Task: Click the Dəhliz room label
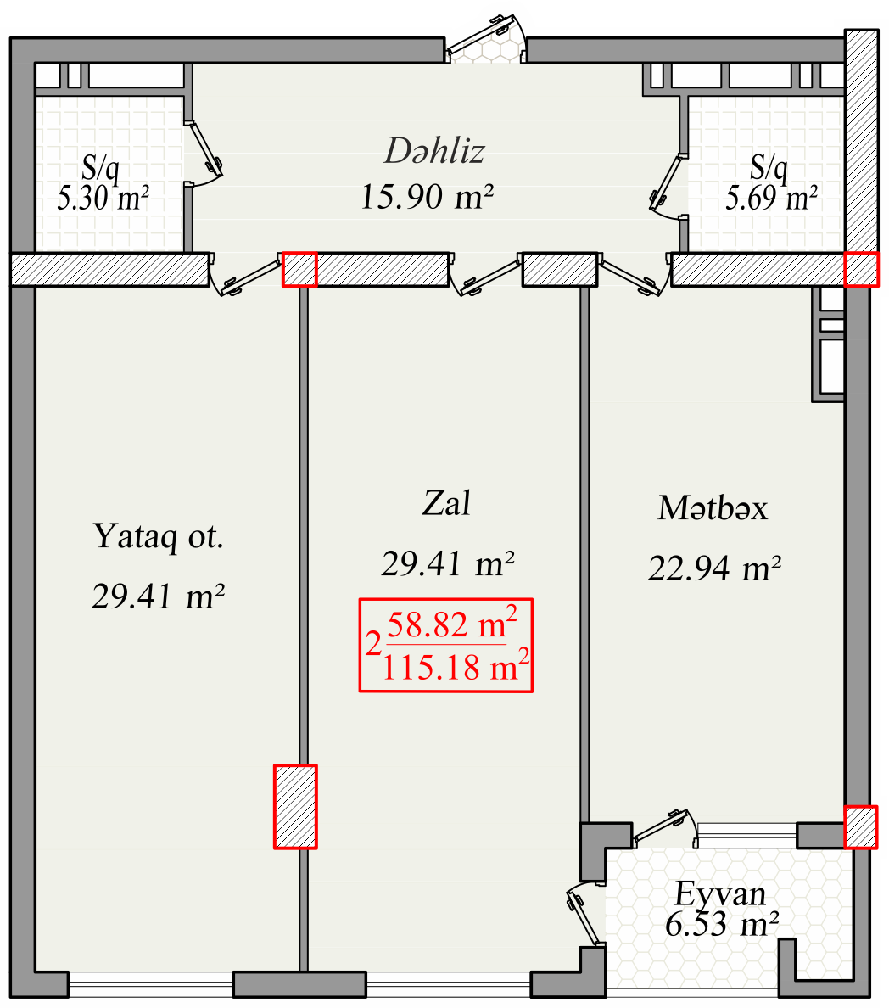[x=433, y=151]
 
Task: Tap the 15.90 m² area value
[x=427, y=196]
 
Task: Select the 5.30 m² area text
[x=103, y=198]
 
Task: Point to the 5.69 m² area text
[x=771, y=198]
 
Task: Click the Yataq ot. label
[x=158, y=535]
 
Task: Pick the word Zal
[x=446, y=502]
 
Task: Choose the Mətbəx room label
[x=713, y=508]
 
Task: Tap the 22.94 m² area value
[x=714, y=568]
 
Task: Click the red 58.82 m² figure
[x=452, y=623]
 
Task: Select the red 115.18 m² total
[x=456, y=665]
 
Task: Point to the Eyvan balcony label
[x=720, y=893]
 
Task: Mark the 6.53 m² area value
[x=722, y=925]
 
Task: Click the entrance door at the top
[x=487, y=37]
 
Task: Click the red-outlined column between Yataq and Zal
[x=296, y=806]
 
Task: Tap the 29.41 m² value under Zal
[x=447, y=563]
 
